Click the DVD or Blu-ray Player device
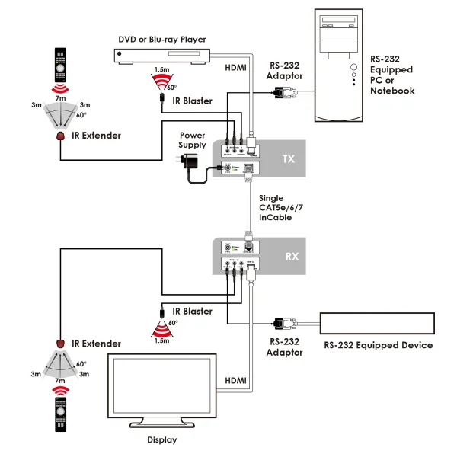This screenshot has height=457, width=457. (x=161, y=54)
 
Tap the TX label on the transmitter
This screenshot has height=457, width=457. (x=288, y=159)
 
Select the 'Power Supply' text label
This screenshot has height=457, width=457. (x=192, y=139)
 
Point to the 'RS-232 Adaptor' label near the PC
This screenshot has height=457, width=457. (x=285, y=71)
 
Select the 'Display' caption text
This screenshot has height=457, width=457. (x=161, y=439)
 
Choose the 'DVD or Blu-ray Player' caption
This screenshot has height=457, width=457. (x=161, y=40)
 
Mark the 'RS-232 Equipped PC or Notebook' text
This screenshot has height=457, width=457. (x=392, y=75)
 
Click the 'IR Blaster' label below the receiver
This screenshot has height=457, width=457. (x=193, y=311)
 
